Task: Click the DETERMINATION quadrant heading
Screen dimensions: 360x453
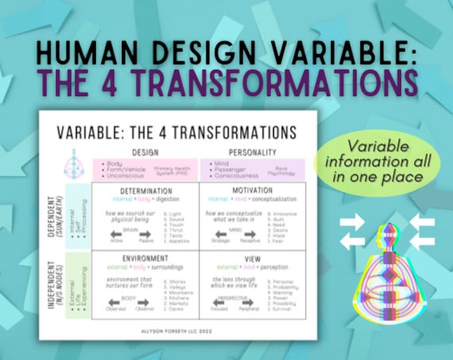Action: pyautogui.click(x=145, y=190)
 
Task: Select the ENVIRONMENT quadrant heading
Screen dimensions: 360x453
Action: pyautogui.click(x=145, y=259)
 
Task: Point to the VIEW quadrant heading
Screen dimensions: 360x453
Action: pyautogui.click(x=252, y=259)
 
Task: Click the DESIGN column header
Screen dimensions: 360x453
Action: pyautogui.click(x=145, y=153)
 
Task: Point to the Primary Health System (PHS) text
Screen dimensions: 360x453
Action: pyautogui.click(x=172, y=170)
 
